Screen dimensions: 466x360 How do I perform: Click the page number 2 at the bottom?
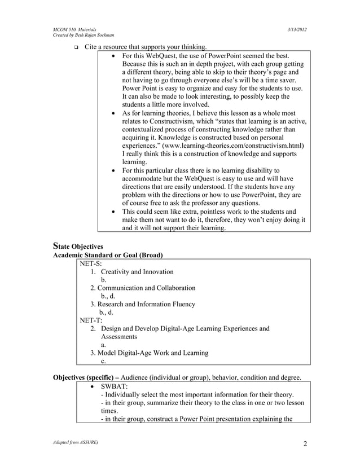click(305, 443)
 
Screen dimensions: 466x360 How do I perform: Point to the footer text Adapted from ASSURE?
click(76, 443)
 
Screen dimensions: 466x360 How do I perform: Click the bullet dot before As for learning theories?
click(115, 113)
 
